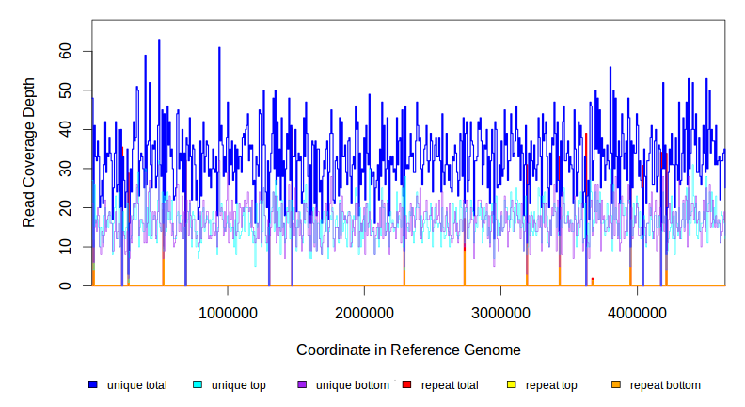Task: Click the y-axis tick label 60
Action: [66, 51]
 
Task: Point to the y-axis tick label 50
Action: [66, 90]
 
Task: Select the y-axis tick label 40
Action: [66, 129]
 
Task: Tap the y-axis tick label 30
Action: [66, 169]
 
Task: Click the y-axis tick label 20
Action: [66, 207]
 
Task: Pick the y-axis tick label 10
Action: [66, 247]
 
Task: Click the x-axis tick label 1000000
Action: [228, 312]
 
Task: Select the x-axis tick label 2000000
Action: [364, 312]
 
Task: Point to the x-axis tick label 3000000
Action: [500, 312]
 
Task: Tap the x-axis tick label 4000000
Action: [637, 312]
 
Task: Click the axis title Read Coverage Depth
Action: [29, 153]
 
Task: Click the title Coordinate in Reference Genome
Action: [408, 350]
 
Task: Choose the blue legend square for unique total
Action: [93, 384]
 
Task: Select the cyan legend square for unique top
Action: [198, 384]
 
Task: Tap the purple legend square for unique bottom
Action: [302, 384]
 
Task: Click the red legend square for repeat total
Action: [406, 384]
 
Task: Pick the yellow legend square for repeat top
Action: [511, 384]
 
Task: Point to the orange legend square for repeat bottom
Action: [615, 384]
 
